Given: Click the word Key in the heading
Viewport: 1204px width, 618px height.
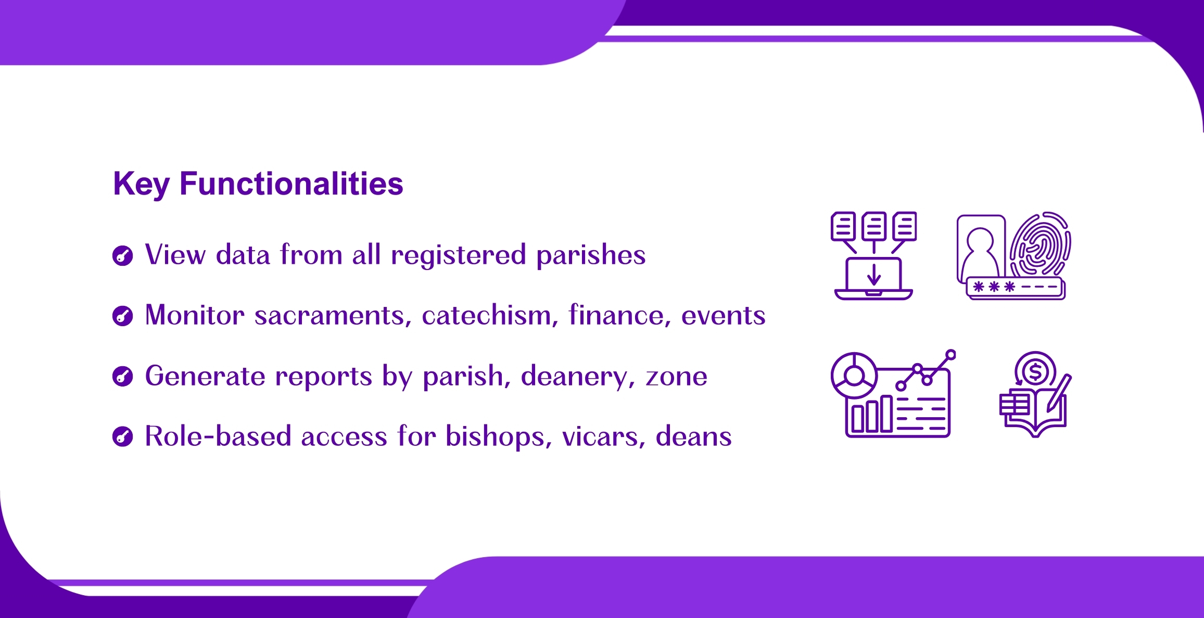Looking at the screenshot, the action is (x=142, y=185).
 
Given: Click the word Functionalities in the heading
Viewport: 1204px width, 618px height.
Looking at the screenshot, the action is (x=292, y=184).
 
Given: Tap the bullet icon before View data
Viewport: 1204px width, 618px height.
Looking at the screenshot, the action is (x=123, y=255).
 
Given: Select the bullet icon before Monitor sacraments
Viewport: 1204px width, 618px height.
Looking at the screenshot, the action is (x=123, y=316).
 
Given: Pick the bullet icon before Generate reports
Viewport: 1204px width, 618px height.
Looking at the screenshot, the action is (x=123, y=376).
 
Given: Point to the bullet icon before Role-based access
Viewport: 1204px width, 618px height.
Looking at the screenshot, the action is (x=123, y=436).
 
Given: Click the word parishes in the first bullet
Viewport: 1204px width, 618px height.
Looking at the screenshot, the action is (x=591, y=256).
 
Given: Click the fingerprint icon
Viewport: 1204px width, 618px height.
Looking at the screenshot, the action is (x=1040, y=244).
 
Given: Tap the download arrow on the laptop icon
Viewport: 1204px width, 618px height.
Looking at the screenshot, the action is (x=874, y=274).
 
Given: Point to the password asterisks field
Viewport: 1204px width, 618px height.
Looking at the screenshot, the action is (x=1015, y=288).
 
